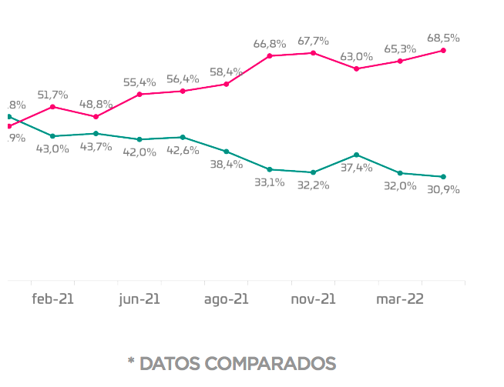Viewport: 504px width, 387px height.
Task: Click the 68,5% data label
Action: point(444,37)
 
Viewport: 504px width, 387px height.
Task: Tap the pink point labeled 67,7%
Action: point(313,53)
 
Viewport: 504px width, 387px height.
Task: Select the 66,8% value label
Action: point(270,44)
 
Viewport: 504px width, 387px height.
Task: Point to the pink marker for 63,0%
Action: point(356,68)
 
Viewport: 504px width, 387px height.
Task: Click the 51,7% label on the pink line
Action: point(52,95)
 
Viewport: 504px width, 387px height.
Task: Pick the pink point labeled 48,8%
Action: point(96,117)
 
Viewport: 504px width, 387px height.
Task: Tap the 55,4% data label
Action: point(139,82)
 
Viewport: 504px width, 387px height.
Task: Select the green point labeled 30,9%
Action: point(443,177)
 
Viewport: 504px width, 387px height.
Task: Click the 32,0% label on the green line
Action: point(400,185)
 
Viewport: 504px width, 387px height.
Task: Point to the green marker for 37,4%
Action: point(356,155)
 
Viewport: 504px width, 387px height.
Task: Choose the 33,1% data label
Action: point(270,182)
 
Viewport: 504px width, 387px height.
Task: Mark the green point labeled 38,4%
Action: point(226,152)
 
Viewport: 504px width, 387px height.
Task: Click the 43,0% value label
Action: point(52,148)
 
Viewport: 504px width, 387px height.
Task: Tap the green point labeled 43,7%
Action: point(96,133)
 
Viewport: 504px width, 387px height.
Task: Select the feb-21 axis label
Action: point(52,299)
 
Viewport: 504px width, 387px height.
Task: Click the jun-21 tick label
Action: point(139,299)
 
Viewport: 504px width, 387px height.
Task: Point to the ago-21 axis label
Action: point(226,299)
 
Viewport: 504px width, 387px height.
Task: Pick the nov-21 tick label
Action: point(313,299)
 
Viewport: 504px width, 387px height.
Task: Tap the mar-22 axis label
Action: point(399,299)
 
